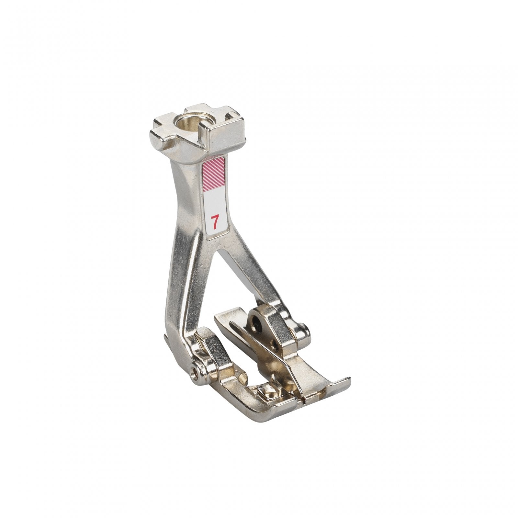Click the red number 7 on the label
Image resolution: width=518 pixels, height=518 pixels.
[x=214, y=222]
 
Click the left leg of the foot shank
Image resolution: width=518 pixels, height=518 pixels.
[x=181, y=291]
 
